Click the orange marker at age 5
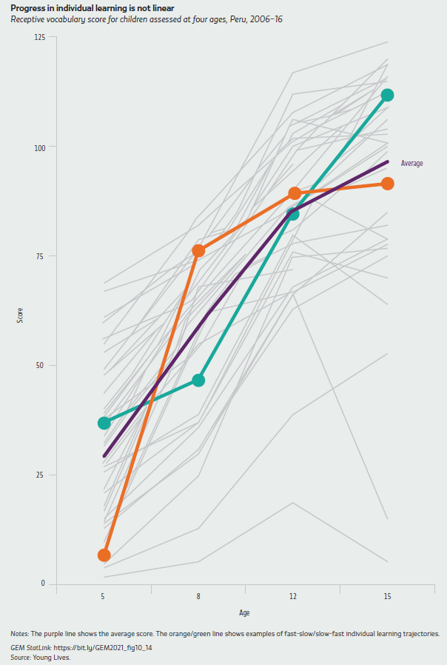[104, 555]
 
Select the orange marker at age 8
[198, 250]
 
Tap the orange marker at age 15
[387, 183]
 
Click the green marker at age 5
[104, 423]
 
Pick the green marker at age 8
[198, 380]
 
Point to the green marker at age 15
[387, 95]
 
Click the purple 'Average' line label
[411, 163]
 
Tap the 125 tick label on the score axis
[39, 38]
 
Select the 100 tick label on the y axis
[39, 147]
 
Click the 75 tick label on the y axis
[41, 256]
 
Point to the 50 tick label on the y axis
[41, 365]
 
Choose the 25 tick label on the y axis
[41, 475]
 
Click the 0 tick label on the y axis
[43, 584]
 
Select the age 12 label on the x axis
[292, 597]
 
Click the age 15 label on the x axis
[387, 597]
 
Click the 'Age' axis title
[244, 612]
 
